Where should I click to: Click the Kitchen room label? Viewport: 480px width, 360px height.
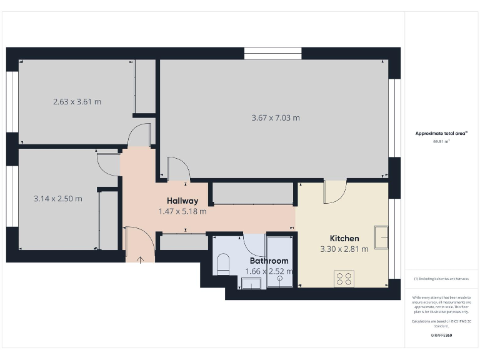pos(344,238)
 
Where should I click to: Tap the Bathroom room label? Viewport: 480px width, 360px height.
pos(269,261)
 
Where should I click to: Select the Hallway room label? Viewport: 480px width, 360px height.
pos(182,201)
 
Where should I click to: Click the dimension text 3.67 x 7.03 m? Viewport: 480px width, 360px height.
pos(276,117)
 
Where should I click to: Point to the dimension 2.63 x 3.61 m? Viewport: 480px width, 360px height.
pos(77,101)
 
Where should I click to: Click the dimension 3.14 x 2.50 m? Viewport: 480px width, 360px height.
pos(57,199)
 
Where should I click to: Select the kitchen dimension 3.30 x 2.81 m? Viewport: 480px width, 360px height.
pos(344,249)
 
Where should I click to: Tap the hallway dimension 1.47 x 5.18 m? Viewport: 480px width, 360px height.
pos(182,211)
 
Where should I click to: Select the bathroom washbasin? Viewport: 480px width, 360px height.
pos(250,284)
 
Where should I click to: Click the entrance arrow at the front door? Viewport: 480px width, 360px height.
pos(140,257)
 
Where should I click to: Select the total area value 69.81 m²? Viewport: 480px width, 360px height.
pos(441,142)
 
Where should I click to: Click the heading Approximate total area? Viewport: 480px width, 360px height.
pos(441,133)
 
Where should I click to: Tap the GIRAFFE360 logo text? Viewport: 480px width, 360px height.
pos(441,336)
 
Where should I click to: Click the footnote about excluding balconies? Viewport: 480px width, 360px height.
pos(441,279)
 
